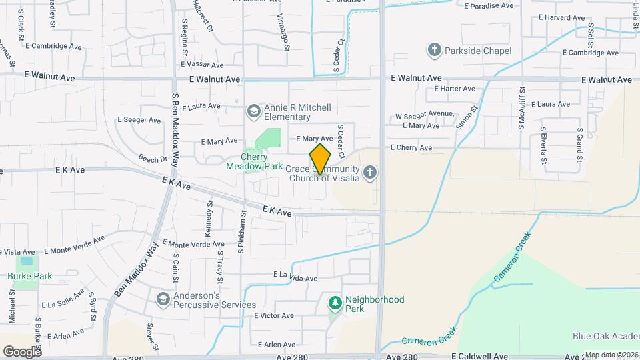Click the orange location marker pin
coord(320,159)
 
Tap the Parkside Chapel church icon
coord(435,51)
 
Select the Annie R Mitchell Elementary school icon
coord(253,111)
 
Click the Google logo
coord(23,351)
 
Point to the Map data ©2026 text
coord(611,355)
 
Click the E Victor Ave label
coord(274,315)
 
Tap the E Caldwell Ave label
coord(484,357)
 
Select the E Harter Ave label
coord(454,89)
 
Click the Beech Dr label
coord(153,159)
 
